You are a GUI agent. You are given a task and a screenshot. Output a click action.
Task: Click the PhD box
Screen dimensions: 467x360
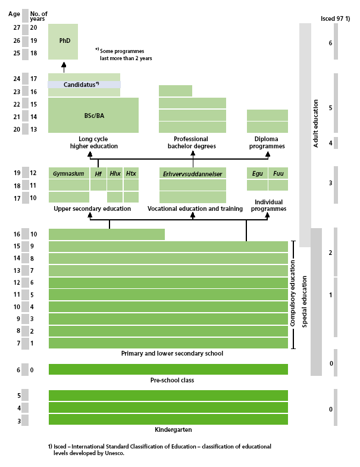(63, 41)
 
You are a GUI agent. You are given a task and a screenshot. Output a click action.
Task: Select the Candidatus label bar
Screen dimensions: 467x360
(84, 85)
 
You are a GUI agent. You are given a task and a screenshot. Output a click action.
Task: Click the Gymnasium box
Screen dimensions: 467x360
(68, 173)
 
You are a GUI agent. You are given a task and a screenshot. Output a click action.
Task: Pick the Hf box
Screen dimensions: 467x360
(98, 173)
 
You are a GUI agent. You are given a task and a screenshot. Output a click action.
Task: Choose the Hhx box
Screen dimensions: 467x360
(115, 173)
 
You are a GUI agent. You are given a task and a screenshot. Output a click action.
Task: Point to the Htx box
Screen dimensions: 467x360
(131, 173)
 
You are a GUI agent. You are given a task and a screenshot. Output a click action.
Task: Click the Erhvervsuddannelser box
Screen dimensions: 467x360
(192, 174)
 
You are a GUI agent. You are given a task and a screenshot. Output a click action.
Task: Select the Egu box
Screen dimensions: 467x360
(257, 173)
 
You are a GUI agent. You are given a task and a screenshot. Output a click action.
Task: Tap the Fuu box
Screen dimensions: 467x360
(278, 173)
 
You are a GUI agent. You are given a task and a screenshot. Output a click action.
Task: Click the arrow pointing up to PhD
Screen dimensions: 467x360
(64, 66)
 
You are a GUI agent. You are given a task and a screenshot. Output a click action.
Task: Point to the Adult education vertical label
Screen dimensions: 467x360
(315, 124)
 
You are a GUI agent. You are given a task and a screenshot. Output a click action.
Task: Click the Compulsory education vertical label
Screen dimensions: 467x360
(293, 295)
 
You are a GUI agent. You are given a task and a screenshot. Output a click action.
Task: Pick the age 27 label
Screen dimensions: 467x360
(17, 28)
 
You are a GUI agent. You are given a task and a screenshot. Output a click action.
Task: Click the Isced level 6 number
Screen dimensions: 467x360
(330, 43)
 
